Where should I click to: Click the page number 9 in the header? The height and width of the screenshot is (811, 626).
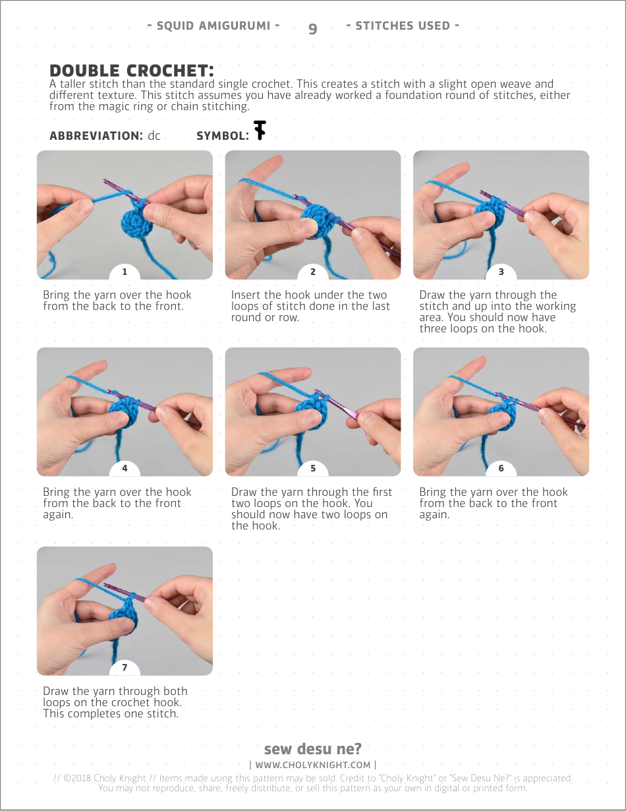pos(313,28)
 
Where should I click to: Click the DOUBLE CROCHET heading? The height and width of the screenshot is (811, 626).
pos(132,71)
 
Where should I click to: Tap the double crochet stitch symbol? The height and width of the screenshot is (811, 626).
pos(260,130)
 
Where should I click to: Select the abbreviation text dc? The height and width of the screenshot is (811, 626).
pos(154,135)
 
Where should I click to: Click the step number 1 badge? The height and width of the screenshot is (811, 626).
pos(125,272)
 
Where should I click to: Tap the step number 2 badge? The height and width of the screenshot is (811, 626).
pos(313,272)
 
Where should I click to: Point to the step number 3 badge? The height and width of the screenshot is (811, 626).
pos(501,272)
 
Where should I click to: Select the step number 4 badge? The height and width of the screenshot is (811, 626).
pos(125,468)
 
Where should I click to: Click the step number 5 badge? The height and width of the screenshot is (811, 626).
pos(313,468)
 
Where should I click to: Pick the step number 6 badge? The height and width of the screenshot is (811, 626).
pos(501,468)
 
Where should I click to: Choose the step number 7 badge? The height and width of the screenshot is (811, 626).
pos(125,667)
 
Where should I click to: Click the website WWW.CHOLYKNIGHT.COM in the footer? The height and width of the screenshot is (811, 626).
pos(313,765)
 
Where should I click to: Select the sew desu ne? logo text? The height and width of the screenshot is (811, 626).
pos(313,748)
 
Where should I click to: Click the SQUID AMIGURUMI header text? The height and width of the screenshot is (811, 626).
pos(213,26)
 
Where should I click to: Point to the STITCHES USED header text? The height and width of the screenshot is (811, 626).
pos(403,26)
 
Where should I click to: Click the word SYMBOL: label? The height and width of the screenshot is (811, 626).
pos(223,136)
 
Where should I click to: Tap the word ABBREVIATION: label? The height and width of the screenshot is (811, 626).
pos(96,136)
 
